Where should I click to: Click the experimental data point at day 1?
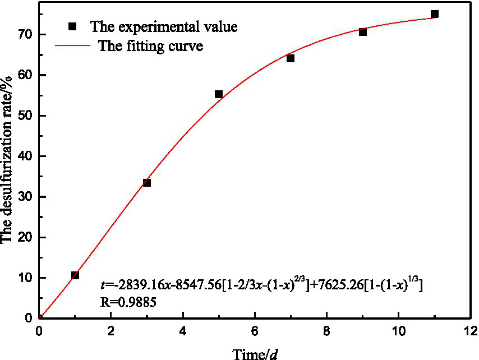(75, 275)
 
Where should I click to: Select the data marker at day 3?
(147, 183)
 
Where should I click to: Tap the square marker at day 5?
(219, 94)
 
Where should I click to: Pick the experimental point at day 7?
(291, 58)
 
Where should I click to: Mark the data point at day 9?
(363, 32)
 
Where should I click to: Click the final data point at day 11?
(435, 14)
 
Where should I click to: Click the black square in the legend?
(72, 27)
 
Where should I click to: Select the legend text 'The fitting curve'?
(150, 46)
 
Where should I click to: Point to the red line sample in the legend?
(72, 46)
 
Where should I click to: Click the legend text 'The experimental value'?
(164, 27)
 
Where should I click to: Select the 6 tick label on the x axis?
(255, 329)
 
